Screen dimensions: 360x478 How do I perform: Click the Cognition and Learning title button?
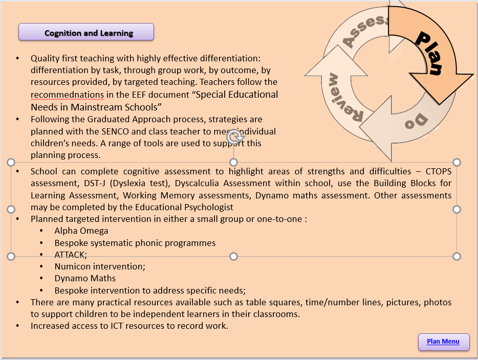coord(86,32)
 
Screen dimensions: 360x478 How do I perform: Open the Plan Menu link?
coord(443,342)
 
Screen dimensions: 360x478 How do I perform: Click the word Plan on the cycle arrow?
coord(427,53)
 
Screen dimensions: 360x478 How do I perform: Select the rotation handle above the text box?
coord(233,137)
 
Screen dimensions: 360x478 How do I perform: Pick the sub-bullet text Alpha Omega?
coord(81,231)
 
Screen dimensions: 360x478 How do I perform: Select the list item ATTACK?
coord(71,254)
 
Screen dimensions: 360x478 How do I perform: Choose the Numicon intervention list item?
coord(100,266)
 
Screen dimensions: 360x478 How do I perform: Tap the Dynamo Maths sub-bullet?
coord(85,278)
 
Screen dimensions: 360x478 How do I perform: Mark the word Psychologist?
coord(210,207)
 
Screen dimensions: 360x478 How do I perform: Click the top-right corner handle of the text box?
coord(457,162)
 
